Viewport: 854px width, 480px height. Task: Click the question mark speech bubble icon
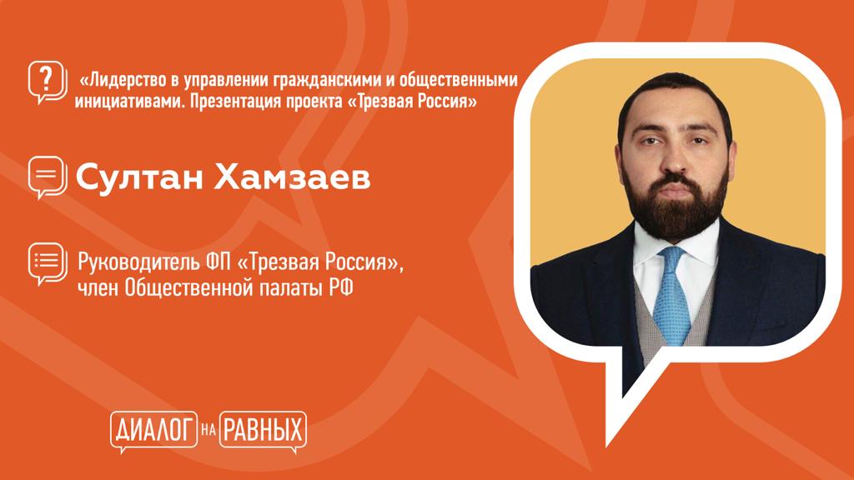point(48,82)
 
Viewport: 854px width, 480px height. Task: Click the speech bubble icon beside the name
point(48,177)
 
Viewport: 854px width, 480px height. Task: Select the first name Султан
point(138,177)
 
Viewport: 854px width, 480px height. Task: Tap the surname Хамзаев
point(292,177)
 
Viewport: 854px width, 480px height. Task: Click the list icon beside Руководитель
point(48,263)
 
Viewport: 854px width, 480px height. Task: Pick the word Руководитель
point(139,262)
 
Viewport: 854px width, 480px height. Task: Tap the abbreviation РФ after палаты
point(340,287)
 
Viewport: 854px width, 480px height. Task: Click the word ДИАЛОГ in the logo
point(154,431)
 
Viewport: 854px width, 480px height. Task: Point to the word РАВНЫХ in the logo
point(263,431)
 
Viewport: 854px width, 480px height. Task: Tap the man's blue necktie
point(672,296)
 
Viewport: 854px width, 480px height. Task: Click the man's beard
point(676,209)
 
